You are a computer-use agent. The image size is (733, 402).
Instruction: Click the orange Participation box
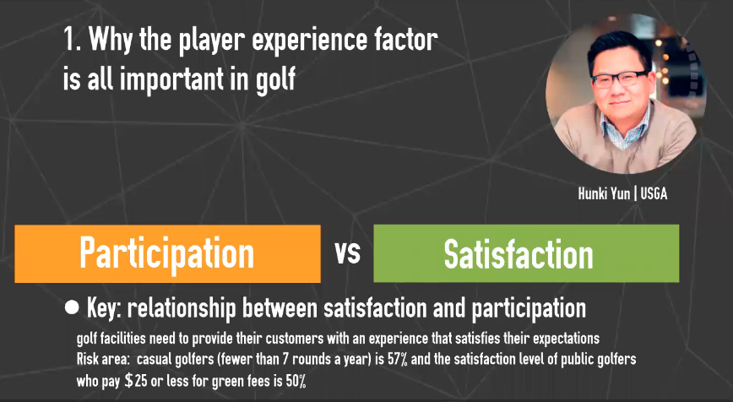(x=167, y=254)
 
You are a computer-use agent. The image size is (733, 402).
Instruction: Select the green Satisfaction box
(x=526, y=253)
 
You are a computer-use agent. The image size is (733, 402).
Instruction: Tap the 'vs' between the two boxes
(x=347, y=253)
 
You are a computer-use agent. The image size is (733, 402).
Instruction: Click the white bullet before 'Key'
(x=72, y=307)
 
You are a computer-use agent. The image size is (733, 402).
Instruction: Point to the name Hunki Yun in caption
(x=604, y=193)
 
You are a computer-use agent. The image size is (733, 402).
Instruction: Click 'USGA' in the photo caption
(x=654, y=193)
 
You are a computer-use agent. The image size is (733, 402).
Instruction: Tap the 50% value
(x=296, y=381)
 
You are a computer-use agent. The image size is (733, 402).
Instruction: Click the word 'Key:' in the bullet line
(x=104, y=308)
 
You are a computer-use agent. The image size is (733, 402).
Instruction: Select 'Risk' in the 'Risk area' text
(x=88, y=359)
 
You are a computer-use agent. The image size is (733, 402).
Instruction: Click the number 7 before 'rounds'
(x=285, y=359)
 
